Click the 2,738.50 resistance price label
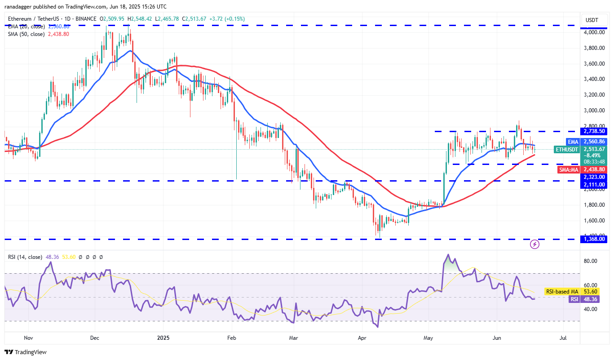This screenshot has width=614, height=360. pos(594,131)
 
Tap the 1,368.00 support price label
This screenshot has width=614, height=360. pos(594,239)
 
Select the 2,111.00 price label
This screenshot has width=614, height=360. pos(594,185)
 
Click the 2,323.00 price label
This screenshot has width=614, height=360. pos(594,177)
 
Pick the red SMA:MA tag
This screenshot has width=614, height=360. pos(569,169)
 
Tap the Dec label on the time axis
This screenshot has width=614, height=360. pos(94,337)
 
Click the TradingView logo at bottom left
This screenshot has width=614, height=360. pos(26,352)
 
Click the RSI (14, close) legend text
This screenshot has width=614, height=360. pos(26,257)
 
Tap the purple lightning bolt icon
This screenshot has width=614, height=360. pos(534,244)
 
